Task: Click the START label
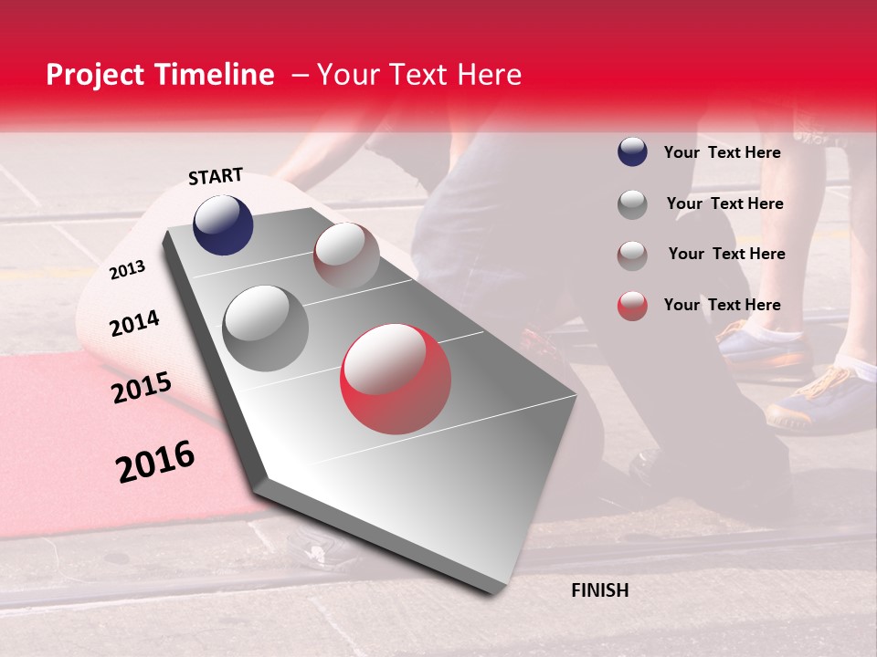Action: click(x=216, y=176)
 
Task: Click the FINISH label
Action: click(x=599, y=590)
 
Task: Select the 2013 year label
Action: click(x=128, y=269)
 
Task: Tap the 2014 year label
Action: click(x=134, y=324)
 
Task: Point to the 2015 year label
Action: click(x=142, y=389)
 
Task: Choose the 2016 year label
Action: click(x=155, y=462)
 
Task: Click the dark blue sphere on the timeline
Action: click(x=223, y=224)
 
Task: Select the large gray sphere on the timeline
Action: click(x=265, y=328)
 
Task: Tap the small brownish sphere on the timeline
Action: click(x=346, y=255)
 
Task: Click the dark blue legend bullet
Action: click(x=632, y=152)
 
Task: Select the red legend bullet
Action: click(x=632, y=306)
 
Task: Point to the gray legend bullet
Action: click(x=632, y=204)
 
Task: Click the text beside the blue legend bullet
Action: click(x=722, y=152)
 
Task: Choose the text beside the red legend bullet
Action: click(x=722, y=305)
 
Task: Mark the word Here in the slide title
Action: click(x=489, y=75)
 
